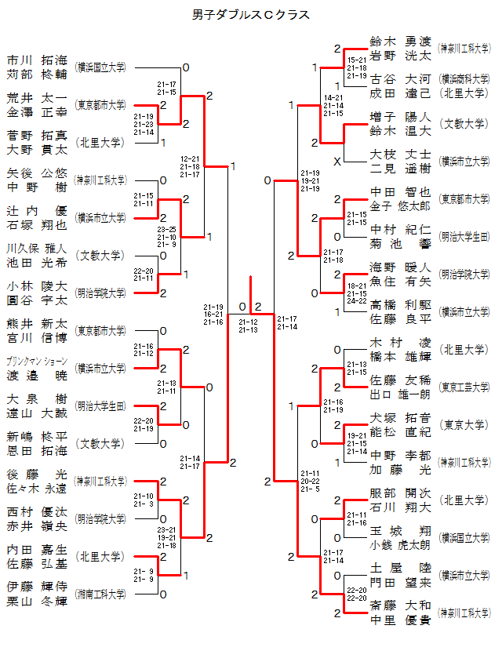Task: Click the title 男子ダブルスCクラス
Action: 251,15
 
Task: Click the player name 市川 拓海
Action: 37,60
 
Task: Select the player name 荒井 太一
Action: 37,98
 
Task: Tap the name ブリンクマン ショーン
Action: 37,362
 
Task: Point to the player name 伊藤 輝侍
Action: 37,587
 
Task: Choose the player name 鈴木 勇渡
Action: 400,42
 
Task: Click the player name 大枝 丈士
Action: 400,155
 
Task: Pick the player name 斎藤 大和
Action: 400,605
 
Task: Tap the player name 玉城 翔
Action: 400,530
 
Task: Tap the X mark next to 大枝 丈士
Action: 337,162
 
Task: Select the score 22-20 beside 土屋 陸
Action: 357,590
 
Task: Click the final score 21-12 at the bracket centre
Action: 249,322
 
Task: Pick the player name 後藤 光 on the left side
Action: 37,474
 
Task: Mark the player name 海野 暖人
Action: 400,267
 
